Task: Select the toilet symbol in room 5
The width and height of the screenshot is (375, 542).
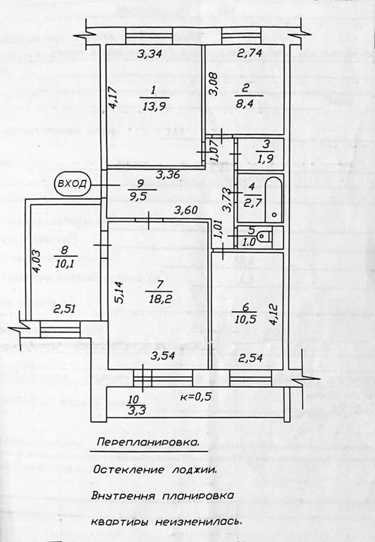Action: click(266, 235)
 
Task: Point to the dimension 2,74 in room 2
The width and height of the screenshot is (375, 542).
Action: click(249, 55)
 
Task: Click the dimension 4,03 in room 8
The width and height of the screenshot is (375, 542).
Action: click(36, 262)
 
